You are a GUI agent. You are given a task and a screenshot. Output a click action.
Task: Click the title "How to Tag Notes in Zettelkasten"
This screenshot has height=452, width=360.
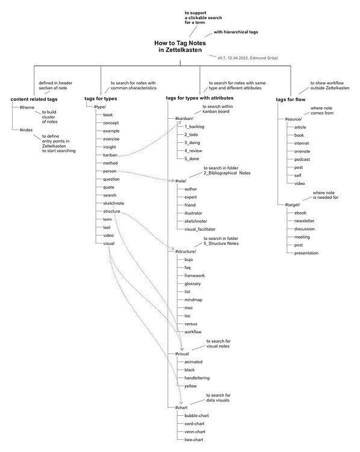[x=180, y=46]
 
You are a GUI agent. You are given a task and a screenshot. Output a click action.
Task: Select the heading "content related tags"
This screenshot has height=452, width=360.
[x=34, y=99]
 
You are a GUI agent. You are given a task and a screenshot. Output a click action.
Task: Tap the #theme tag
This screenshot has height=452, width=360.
[x=26, y=107]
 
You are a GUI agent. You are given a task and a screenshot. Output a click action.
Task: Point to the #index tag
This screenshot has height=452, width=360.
[x=26, y=130]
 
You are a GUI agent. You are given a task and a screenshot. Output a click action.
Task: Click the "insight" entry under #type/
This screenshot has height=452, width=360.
[x=110, y=147]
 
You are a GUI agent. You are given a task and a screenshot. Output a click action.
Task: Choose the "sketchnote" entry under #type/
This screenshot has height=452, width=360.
[x=113, y=203]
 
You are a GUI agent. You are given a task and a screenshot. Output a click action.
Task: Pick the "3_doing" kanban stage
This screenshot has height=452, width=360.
[x=192, y=143]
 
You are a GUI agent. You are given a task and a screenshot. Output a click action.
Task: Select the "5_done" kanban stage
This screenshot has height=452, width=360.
[x=191, y=159]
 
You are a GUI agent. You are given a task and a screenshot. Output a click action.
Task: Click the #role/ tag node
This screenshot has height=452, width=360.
[x=181, y=181]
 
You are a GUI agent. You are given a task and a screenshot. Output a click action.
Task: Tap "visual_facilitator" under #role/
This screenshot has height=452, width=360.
[x=200, y=229]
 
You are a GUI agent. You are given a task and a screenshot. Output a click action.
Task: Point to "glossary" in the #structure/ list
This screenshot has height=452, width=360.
[x=193, y=284]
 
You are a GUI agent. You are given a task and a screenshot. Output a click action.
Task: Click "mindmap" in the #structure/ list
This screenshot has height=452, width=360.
[x=193, y=300]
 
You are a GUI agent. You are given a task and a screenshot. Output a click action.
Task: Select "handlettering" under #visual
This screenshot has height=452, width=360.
[x=197, y=378]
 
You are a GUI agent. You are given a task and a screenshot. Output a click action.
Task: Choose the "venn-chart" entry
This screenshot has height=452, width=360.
[x=194, y=432]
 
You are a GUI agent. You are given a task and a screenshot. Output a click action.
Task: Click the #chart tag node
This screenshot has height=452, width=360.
[x=181, y=407]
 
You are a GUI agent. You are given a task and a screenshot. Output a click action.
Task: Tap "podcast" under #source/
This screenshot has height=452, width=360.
[x=302, y=160]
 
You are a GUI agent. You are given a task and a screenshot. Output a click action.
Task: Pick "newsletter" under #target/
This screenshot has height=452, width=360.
[x=304, y=221]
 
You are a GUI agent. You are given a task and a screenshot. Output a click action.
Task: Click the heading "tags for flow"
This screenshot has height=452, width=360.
[x=291, y=99]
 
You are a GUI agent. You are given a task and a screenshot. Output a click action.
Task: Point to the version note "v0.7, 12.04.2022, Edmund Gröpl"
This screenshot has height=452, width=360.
[x=247, y=58]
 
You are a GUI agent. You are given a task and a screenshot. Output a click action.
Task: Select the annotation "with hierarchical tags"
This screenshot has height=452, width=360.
[x=235, y=32]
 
